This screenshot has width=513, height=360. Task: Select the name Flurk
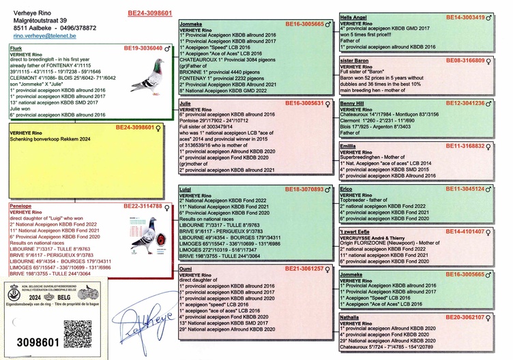click(17, 49)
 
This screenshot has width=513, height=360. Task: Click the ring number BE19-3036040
click(143, 49)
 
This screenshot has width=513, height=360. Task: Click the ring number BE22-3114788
click(143, 205)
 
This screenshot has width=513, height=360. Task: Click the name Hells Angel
click(355, 17)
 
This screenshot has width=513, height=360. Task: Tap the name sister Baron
click(355, 61)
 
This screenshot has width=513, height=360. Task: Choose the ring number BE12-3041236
click(465, 103)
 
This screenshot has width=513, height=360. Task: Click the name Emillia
click(349, 146)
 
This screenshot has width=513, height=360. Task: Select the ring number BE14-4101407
click(465, 232)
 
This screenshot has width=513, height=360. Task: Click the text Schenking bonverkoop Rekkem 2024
click(54, 138)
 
